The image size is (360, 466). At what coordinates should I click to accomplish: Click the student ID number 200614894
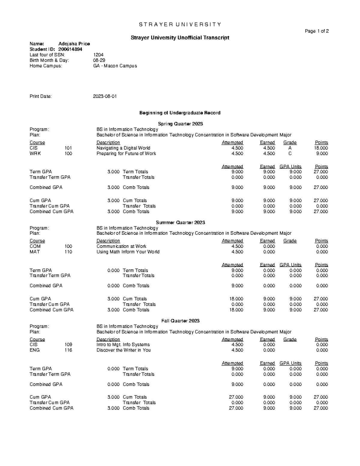click(70, 49)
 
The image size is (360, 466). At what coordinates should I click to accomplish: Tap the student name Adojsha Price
click(74, 44)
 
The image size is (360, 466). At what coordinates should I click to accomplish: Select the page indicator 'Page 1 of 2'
click(317, 31)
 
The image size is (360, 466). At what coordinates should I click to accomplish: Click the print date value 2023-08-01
click(105, 96)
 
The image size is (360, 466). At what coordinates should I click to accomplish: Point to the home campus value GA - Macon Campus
click(115, 66)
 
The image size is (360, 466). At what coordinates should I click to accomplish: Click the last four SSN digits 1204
click(98, 55)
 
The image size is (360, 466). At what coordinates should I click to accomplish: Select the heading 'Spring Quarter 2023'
click(180, 124)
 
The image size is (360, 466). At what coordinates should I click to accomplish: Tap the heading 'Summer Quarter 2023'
click(180, 222)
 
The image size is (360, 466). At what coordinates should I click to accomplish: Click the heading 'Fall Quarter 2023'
click(180, 321)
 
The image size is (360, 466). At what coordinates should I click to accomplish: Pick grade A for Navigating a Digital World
click(290, 148)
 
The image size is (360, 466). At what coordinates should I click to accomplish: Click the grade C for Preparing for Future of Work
click(290, 153)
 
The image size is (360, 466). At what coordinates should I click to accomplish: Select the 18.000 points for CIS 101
click(321, 148)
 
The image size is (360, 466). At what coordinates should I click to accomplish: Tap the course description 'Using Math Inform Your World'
click(128, 252)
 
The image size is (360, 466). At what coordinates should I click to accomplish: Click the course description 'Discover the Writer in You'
click(123, 350)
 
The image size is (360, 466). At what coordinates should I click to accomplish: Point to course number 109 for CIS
click(68, 344)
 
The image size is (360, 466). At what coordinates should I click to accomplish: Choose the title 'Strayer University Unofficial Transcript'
click(180, 38)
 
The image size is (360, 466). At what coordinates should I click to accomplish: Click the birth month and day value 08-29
click(99, 60)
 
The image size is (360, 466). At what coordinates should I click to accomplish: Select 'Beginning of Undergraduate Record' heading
click(180, 113)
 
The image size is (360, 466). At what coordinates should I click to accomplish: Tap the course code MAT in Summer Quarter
click(34, 252)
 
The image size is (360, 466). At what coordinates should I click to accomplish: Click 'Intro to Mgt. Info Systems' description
click(123, 344)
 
